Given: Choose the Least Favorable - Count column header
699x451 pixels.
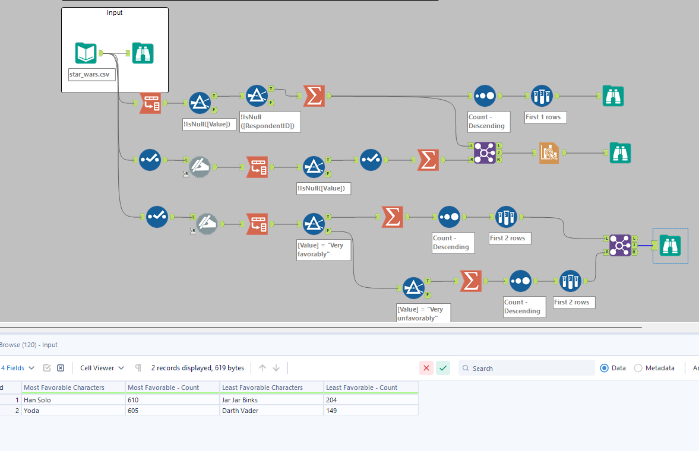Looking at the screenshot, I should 362,388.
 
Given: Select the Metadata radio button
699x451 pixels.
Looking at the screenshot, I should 638,368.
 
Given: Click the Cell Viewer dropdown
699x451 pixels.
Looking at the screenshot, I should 102,368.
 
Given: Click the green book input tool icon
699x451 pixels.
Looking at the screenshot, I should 86,53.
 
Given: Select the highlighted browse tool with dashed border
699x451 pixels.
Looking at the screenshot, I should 670,245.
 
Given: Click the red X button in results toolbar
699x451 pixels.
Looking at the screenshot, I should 426,368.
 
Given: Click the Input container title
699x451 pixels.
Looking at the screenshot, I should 115,12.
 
